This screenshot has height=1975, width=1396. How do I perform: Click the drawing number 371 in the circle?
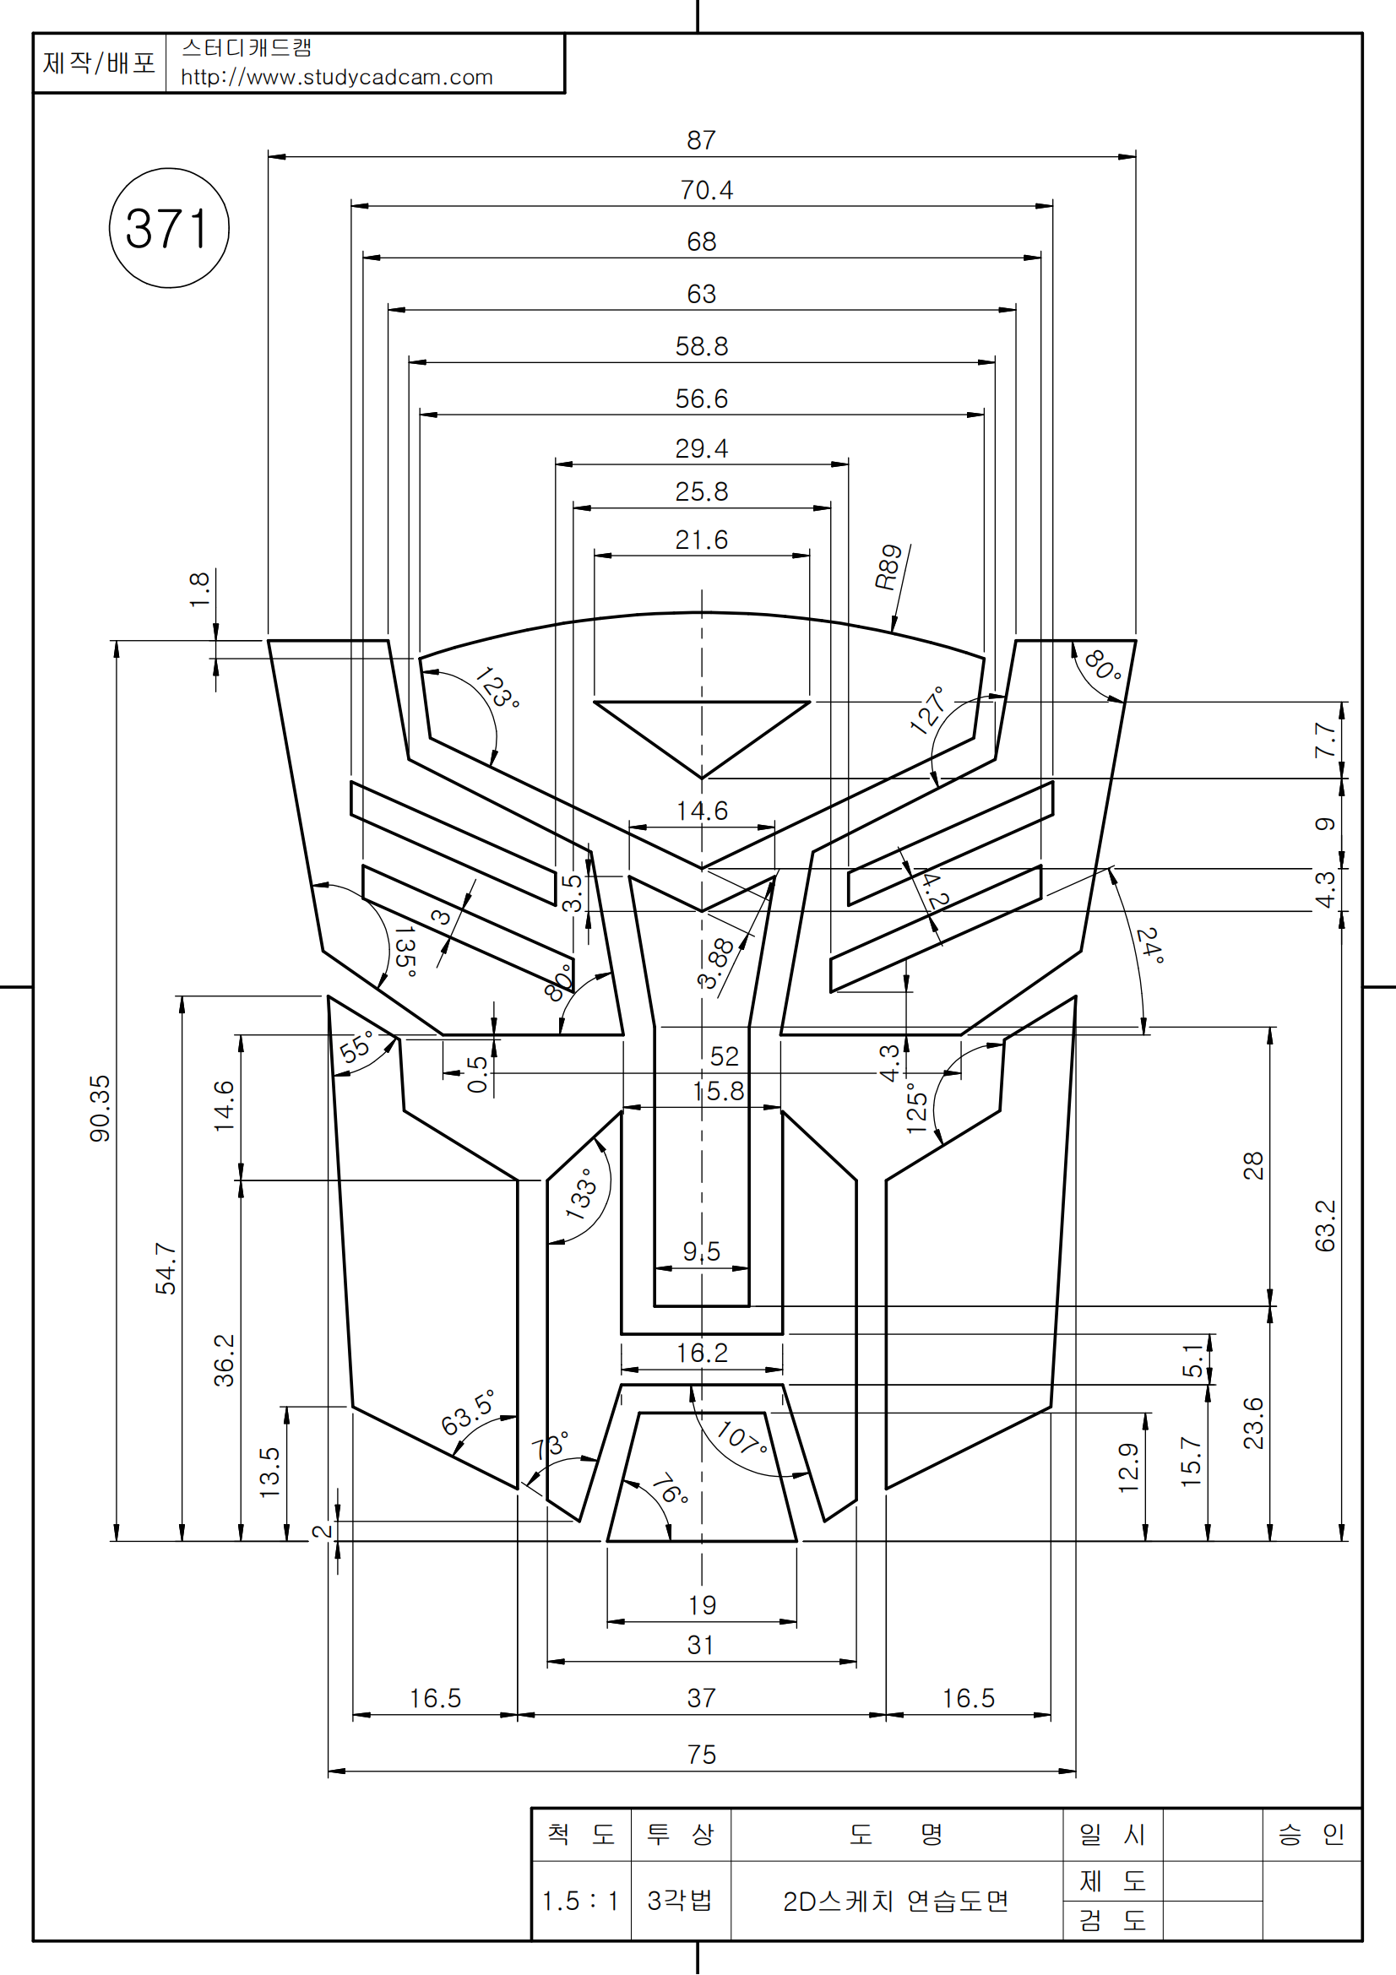168,229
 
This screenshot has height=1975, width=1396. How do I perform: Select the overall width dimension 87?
701,140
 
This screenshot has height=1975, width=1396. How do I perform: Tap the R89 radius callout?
888,567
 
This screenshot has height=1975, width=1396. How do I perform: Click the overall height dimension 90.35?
100,1109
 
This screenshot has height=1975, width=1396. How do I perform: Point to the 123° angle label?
497,687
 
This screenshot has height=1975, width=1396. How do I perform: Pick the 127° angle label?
928,710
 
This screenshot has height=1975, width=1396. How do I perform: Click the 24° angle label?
1149,946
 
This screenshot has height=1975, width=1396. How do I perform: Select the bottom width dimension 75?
701,1755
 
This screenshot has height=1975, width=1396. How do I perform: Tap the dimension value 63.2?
1325,1226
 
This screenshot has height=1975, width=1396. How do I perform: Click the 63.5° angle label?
468,1413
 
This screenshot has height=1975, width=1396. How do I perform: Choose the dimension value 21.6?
701,540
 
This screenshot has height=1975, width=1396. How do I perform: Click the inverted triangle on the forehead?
701,730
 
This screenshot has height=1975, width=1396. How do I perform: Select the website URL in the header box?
336,78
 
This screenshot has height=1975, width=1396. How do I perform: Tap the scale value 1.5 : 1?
580,1901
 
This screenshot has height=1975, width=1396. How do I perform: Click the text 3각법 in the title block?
680,1900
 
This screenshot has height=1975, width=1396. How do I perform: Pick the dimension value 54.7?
166,1268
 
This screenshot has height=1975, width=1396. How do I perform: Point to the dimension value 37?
701,1698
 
